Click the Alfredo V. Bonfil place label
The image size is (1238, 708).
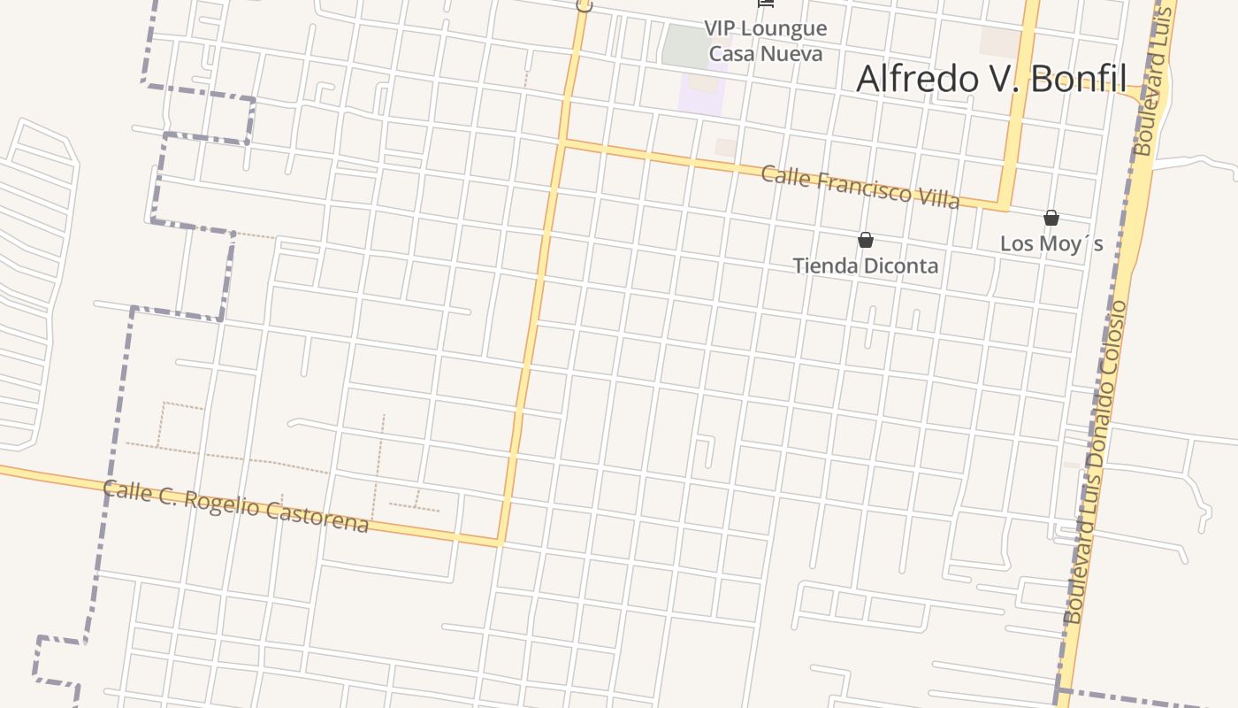[x=990, y=79]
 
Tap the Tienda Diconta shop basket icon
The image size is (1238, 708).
[x=866, y=240]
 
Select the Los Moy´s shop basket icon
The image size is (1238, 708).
[x=1051, y=218]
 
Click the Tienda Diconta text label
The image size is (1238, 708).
[x=866, y=265]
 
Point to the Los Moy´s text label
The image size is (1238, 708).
[x=1051, y=243]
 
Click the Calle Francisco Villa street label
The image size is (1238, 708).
[x=860, y=187]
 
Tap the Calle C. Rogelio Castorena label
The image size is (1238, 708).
[x=235, y=507]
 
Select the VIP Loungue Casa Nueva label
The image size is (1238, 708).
[x=766, y=41]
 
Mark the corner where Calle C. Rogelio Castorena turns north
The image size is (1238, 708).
[x=501, y=541]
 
